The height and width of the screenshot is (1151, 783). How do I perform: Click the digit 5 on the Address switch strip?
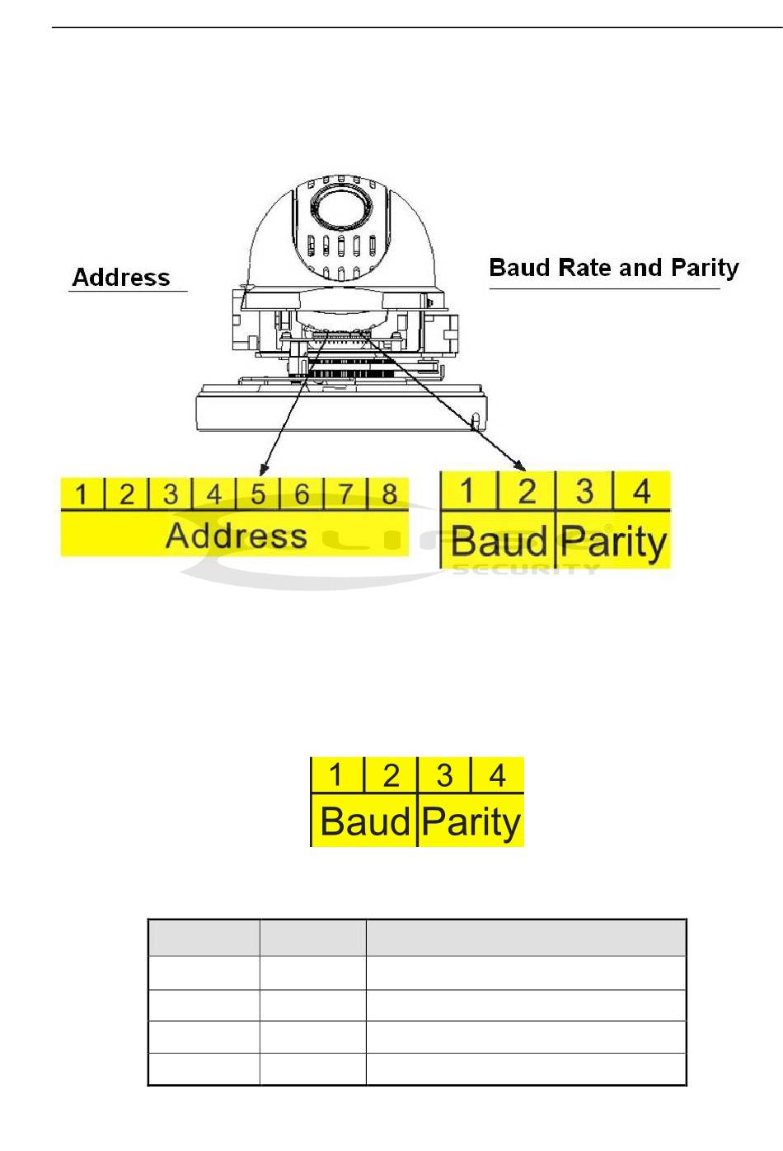(258, 494)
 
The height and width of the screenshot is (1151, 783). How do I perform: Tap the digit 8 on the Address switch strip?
(390, 494)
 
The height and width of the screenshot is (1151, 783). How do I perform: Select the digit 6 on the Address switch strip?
(302, 494)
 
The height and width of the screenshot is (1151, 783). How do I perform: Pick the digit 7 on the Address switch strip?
(346, 494)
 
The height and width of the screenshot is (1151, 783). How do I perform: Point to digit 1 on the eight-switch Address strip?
(81, 495)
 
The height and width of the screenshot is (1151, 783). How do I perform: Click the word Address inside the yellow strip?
(237, 536)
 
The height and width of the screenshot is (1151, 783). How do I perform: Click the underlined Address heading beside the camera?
(121, 278)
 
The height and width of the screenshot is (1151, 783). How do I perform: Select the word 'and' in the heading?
(640, 268)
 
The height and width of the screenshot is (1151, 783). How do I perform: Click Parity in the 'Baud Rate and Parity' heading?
(705, 269)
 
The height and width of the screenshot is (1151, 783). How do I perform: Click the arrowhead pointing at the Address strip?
(263, 470)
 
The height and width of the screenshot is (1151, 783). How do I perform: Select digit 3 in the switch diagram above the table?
(444, 775)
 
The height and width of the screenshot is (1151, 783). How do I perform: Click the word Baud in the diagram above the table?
(365, 821)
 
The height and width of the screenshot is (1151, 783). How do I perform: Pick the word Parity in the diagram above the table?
(471, 822)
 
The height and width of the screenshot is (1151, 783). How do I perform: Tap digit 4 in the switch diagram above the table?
(497, 775)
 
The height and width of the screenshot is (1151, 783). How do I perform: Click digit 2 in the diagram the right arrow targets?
(527, 491)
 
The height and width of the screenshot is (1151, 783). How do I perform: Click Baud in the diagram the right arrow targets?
(499, 542)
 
